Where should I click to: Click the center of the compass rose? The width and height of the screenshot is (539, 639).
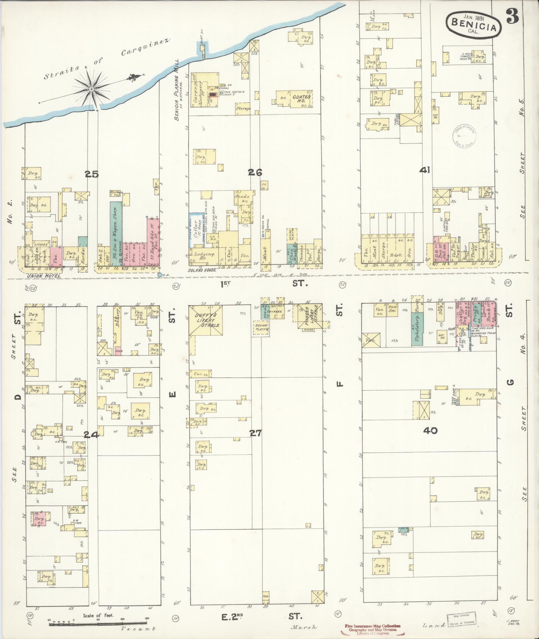(91, 89)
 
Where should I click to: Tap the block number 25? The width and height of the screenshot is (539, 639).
(91, 174)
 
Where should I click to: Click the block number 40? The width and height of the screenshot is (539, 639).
(430, 431)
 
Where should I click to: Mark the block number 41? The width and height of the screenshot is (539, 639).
(425, 170)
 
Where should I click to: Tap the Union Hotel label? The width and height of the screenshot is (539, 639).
(45, 276)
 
